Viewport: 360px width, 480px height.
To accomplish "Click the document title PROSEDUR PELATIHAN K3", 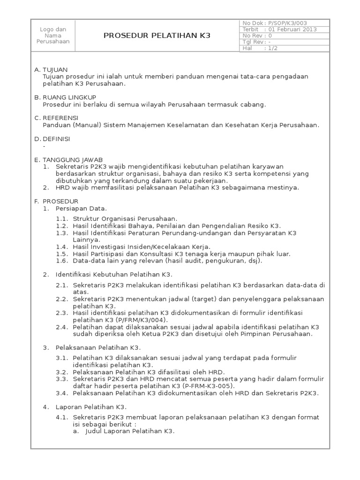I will (x=157, y=35).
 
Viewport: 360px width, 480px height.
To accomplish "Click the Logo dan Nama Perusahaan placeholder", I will (x=52, y=35).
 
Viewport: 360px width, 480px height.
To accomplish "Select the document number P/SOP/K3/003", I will (x=287, y=22).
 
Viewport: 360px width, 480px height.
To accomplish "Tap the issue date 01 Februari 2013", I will (x=292, y=29).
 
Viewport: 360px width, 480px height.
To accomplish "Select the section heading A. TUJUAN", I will (x=52, y=69).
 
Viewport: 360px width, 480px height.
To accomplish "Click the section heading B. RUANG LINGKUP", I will (x=65, y=97).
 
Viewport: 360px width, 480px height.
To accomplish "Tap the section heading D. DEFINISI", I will (x=55, y=139).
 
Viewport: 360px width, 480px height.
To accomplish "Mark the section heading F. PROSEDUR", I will (x=57, y=201).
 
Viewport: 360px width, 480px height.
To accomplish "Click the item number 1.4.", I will (x=62, y=247).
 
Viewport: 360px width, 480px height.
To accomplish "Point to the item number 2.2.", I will (x=62, y=299).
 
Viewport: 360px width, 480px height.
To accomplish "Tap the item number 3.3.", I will (x=62, y=379).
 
